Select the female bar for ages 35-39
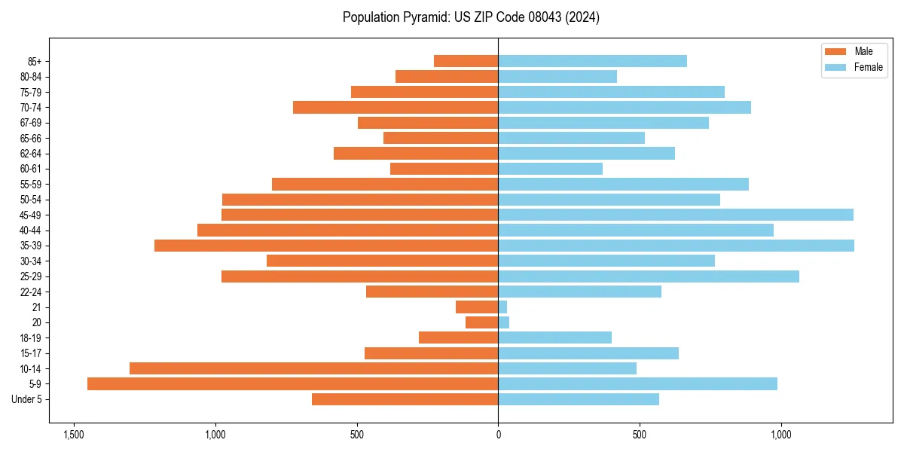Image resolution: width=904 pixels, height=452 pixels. point(676,246)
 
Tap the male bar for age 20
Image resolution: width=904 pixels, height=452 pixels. point(482,322)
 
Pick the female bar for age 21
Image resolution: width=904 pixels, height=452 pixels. point(502,307)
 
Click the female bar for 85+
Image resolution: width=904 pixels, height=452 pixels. point(592,61)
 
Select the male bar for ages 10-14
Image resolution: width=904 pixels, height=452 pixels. point(313,368)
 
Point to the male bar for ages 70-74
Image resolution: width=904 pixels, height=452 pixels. point(395,108)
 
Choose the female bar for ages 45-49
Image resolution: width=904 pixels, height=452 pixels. point(676,215)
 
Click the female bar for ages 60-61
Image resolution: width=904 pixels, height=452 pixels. point(550,169)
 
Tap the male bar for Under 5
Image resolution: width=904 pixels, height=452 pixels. point(405,399)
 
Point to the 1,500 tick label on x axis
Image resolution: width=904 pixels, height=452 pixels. point(74,435)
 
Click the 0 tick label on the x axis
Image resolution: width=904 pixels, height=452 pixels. point(498,435)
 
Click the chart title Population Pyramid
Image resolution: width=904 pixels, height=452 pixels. point(471,17)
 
